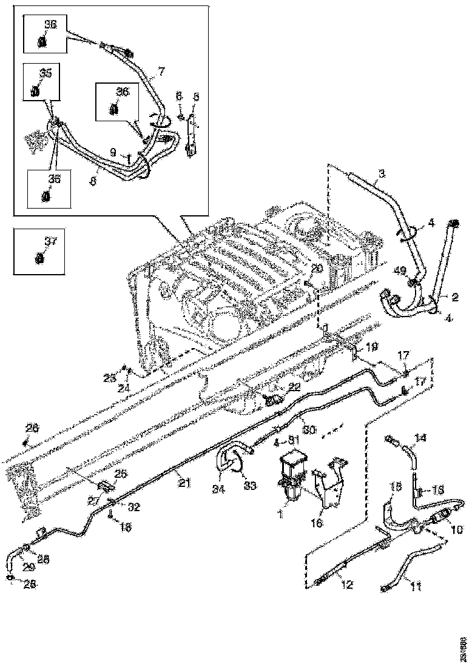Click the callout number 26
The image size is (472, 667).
point(33,428)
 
